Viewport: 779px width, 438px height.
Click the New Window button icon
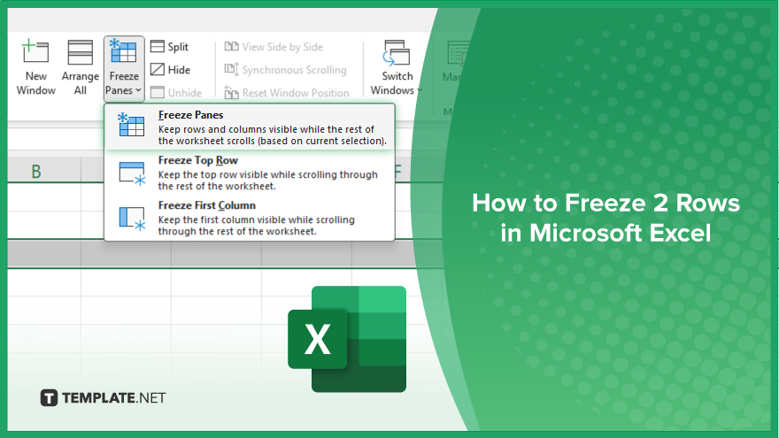click(35, 51)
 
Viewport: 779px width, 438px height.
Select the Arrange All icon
click(80, 52)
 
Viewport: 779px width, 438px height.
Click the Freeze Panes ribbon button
click(124, 68)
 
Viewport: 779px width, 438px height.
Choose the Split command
click(169, 47)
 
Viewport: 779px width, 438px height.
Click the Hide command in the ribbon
click(170, 70)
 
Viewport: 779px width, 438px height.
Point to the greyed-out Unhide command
click(176, 92)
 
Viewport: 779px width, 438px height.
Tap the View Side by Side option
click(274, 47)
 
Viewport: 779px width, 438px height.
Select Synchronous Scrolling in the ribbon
click(285, 70)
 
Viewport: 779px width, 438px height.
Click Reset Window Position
click(287, 92)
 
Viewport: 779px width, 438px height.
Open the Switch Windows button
click(397, 68)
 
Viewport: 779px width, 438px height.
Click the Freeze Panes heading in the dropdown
click(191, 115)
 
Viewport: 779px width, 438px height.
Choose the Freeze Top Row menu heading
click(197, 160)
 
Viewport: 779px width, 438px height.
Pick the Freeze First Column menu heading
click(206, 205)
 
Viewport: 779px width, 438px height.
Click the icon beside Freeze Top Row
click(132, 173)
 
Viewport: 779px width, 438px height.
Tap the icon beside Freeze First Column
click(132, 219)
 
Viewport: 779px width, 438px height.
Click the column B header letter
click(36, 172)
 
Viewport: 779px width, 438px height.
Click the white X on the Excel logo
click(318, 340)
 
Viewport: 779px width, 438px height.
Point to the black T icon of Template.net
click(49, 398)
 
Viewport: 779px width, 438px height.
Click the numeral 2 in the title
click(660, 204)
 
